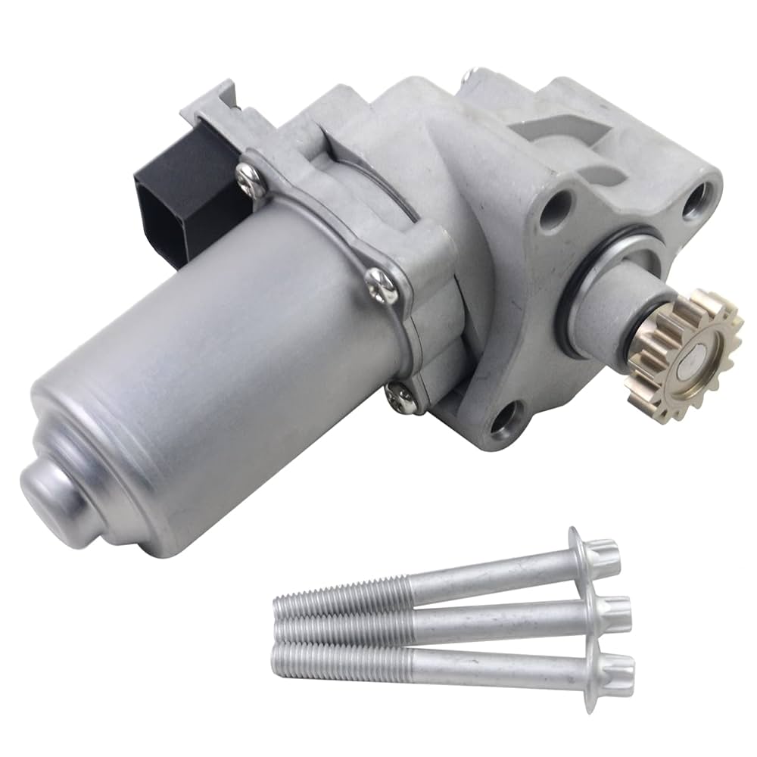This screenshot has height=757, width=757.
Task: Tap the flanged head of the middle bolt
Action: coord(606,611)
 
